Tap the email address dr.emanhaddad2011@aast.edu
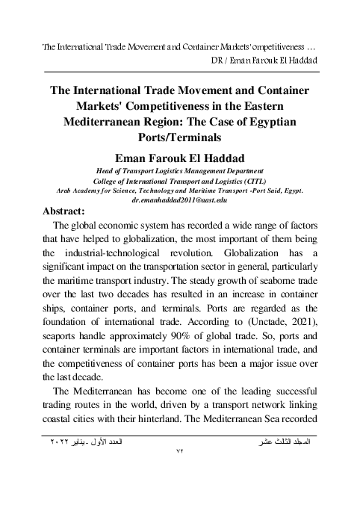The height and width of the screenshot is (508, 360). click(179, 201)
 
